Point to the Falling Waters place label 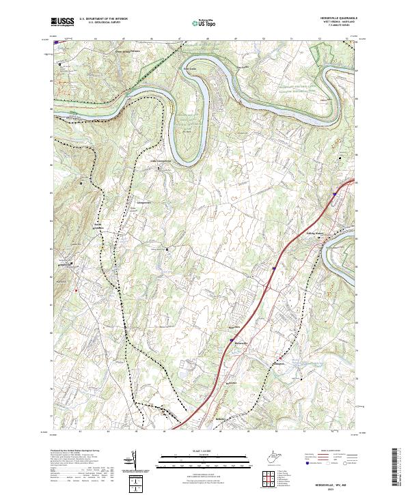pyautogui.click(x=333, y=233)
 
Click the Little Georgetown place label pyautogui.click(x=160, y=161)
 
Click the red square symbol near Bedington pyautogui.click(x=77, y=290)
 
